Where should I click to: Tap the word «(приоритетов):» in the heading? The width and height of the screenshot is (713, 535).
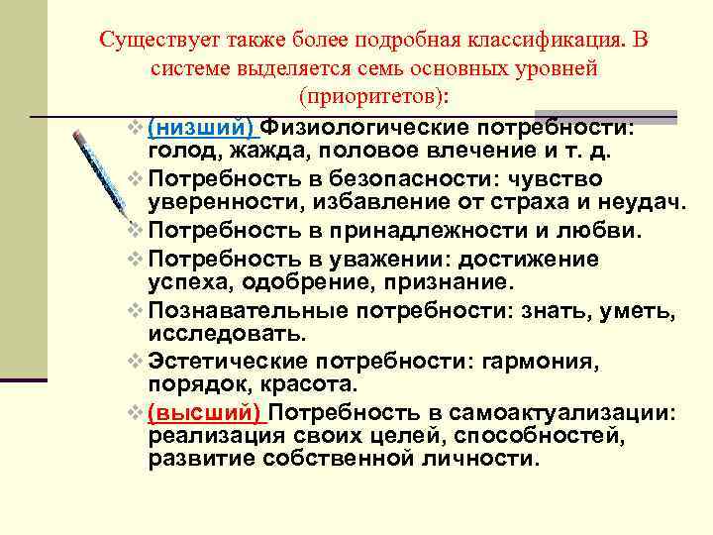tap(371, 96)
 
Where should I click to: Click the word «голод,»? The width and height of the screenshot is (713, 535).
tap(187, 152)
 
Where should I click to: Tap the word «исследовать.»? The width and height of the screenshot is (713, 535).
tap(228, 334)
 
